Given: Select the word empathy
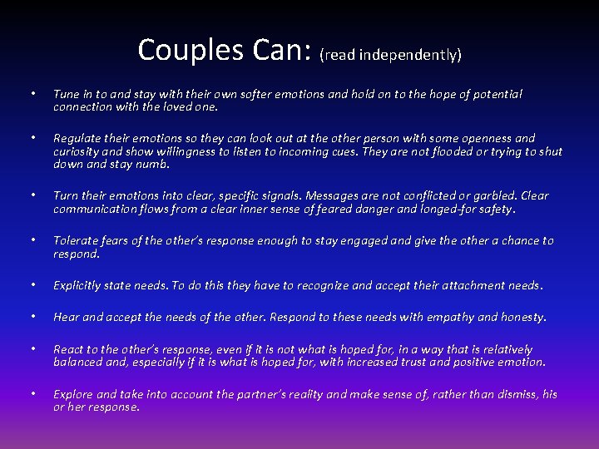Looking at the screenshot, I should (x=448, y=317).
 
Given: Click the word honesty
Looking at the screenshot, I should (x=522, y=317).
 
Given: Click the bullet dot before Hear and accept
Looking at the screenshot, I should (x=31, y=317).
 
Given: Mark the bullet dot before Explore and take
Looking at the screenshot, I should (x=31, y=394).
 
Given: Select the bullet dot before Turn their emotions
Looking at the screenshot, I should (x=31, y=196).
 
